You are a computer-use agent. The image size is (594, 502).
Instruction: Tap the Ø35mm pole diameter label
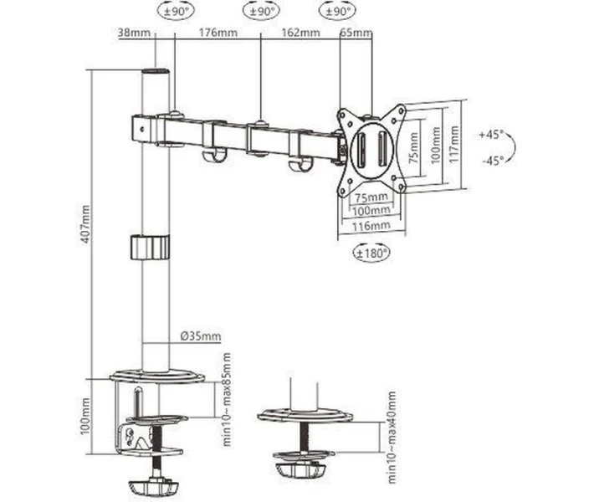point(201,336)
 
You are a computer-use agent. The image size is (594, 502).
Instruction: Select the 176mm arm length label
point(218,32)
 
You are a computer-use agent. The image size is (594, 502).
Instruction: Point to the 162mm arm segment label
point(301,32)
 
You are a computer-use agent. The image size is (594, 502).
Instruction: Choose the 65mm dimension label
point(356,33)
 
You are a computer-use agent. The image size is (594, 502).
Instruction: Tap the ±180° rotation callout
point(371,253)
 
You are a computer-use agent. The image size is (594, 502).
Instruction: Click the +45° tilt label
point(491,135)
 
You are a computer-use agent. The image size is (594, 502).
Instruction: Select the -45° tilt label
point(493,161)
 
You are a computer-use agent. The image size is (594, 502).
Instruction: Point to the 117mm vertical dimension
point(454,145)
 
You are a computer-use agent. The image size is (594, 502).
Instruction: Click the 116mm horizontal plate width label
point(371,226)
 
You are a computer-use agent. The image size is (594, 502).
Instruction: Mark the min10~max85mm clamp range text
point(227,399)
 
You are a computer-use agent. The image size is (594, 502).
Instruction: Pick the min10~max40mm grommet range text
point(392,437)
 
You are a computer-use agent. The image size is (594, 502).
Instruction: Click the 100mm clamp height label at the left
point(85,416)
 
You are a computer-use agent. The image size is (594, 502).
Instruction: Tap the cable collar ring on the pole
point(150,248)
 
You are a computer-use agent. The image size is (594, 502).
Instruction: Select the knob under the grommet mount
point(301,471)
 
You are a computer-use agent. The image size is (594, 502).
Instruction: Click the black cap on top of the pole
point(156,71)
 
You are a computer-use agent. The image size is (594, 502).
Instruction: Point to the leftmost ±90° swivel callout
point(176,12)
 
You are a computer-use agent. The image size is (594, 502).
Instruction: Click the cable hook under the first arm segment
point(214,155)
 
